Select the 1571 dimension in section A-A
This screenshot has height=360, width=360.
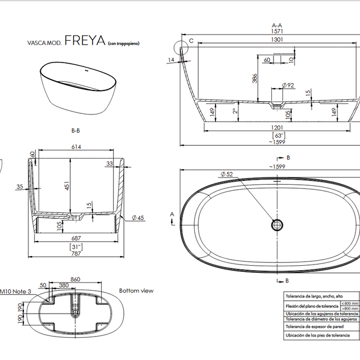click(277, 32)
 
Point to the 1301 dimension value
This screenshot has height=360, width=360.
click(277, 40)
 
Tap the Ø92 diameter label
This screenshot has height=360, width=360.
click(288, 85)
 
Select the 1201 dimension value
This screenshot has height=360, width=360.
click(277, 128)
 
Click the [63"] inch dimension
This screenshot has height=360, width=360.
click(279, 135)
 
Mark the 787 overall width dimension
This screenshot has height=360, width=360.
click(76, 253)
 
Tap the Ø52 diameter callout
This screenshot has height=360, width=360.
click(226, 175)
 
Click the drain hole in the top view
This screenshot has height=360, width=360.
click(277, 224)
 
